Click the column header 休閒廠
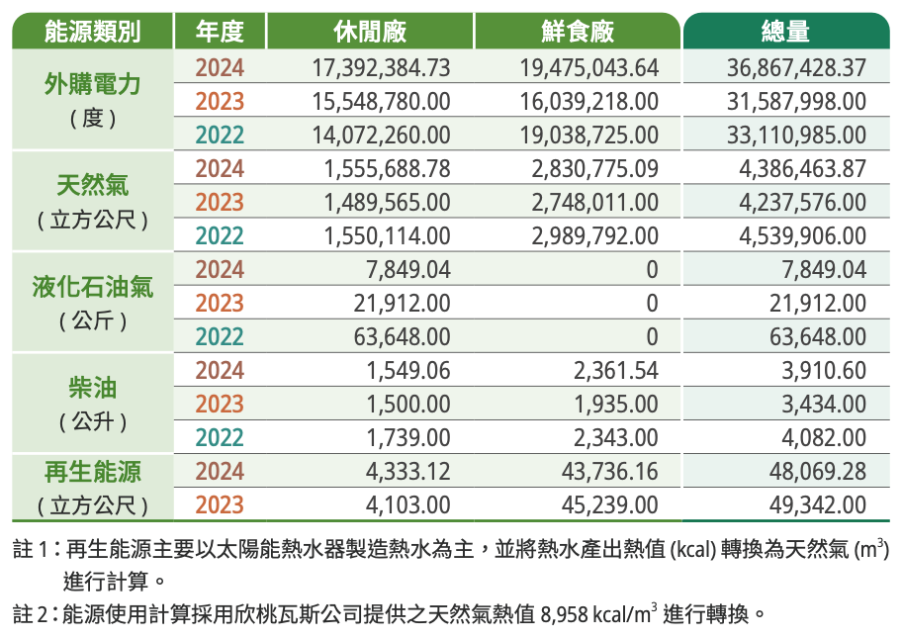point(370,31)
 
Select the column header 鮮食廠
point(578,31)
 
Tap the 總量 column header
point(785,31)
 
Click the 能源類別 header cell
point(92,31)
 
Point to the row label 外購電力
point(92,84)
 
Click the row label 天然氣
point(92,185)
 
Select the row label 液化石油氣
point(92,288)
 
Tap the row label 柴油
point(92,387)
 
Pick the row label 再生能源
point(92,471)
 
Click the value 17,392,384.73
point(381,67)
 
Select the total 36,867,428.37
point(796,67)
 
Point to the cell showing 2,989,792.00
point(594,235)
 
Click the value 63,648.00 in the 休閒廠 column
point(402,336)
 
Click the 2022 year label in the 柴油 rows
point(220,437)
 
